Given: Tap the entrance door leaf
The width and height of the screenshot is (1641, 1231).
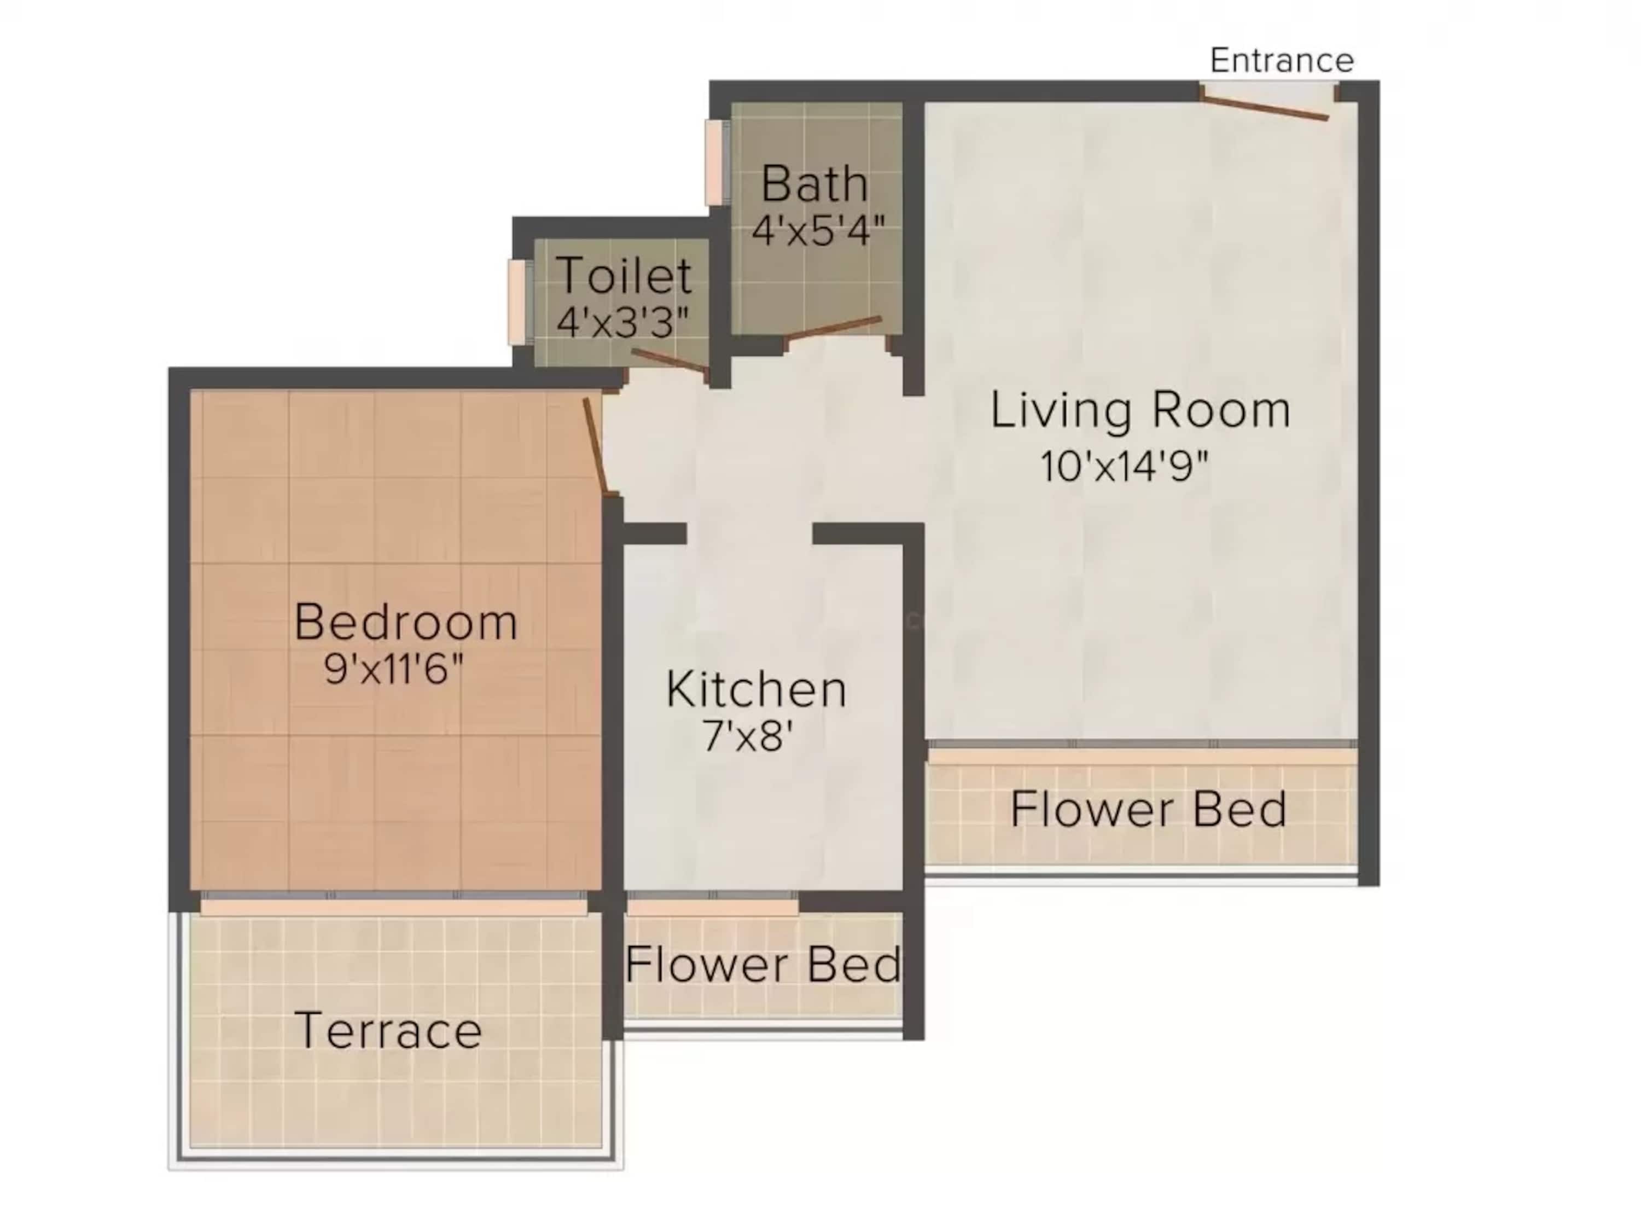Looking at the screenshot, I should click(x=1264, y=106).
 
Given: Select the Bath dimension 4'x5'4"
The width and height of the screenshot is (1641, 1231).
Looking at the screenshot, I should click(x=818, y=231).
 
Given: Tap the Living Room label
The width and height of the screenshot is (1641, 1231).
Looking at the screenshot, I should click(x=1140, y=410).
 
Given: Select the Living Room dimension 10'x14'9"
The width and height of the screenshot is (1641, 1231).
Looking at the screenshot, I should click(x=1124, y=467).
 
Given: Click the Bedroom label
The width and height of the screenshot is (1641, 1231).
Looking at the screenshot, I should click(x=406, y=622).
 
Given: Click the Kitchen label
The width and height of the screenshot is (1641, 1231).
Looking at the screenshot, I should click(x=756, y=689).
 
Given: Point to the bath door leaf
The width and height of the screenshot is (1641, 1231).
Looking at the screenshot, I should click(x=834, y=329).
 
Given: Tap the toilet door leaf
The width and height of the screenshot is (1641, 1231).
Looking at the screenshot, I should click(x=669, y=361).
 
